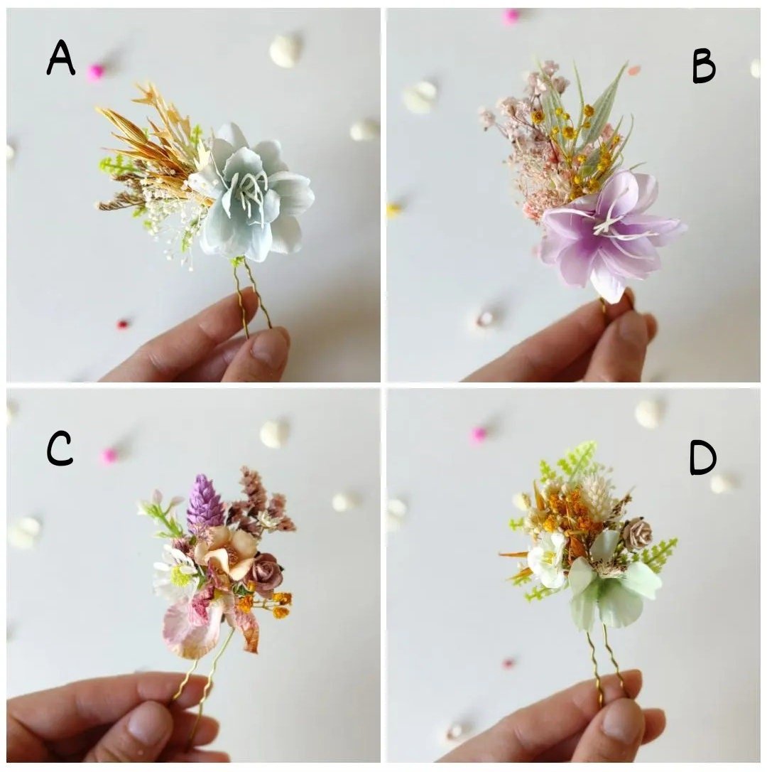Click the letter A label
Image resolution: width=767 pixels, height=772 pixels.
point(61,58)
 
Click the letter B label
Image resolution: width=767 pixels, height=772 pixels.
point(703,68)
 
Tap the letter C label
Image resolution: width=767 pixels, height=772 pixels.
point(60,449)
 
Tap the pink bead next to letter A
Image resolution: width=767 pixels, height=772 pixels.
point(96,71)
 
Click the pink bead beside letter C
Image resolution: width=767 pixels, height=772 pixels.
point(109,456)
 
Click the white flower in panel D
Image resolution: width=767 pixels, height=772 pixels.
point(548,558)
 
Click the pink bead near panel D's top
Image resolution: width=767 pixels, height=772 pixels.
point(479,434)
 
